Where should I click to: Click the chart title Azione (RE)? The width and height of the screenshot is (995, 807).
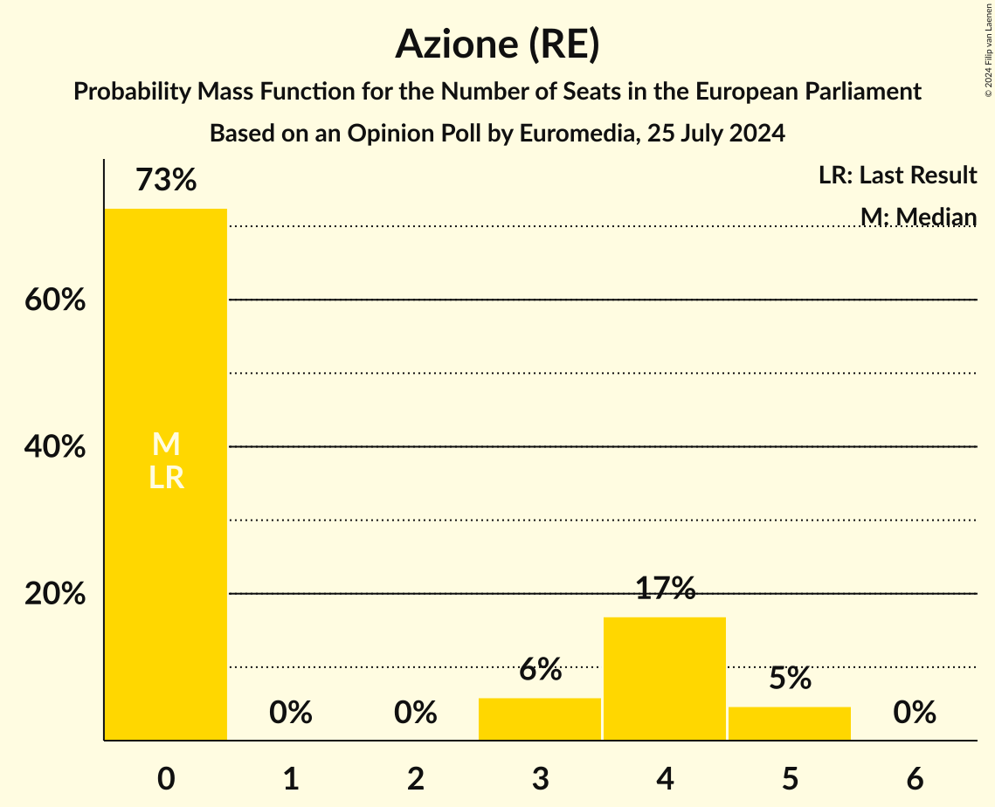click(x=497, y=45)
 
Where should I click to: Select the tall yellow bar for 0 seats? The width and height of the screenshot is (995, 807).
click(x=166, y=568)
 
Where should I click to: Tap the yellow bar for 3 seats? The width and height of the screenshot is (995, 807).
click(x=540, y=719)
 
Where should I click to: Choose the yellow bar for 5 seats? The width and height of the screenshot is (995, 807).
click(x=790, y=723)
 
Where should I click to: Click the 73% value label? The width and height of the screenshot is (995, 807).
click(x=166, y=181)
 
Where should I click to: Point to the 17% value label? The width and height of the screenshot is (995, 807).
click(x=665, y=590)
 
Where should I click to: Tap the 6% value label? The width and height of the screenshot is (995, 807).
click(x=540, y=670)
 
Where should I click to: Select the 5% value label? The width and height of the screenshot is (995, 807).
click(x=790, y=679)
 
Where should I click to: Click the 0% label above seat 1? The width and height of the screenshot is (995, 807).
click(x=291, y=714)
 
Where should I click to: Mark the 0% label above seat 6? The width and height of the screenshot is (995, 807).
click(x=915, y=714)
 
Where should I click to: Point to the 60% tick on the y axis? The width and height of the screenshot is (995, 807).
click(x=55, y=300)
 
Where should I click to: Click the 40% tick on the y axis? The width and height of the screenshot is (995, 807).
click(x=55, y=447)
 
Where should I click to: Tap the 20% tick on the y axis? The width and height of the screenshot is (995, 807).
click(x=55, y=594)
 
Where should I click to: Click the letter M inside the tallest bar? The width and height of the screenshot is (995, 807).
click(x=166, y=445)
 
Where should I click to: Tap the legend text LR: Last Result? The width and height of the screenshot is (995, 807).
click(x=897, y=176)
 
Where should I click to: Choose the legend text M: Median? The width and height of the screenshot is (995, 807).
click(x=918, y=217)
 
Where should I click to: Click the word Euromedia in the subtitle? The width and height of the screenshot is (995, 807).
click(x=571, y=134)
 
